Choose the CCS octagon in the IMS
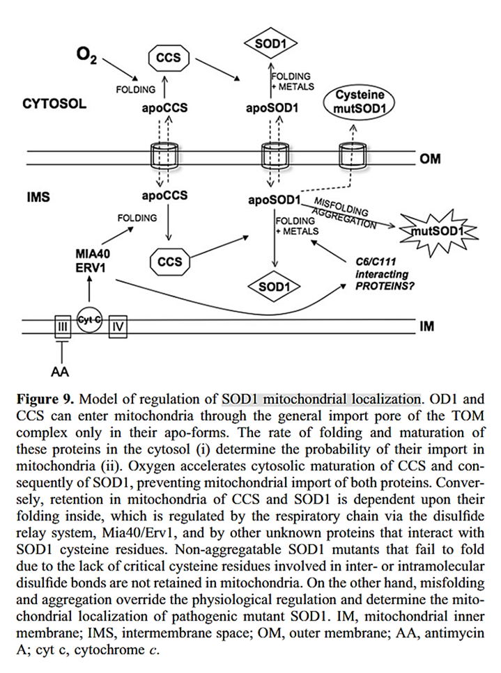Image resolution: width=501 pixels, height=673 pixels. click(x=169, y=262)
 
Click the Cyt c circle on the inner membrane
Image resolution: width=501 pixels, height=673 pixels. click(x=88, y=317)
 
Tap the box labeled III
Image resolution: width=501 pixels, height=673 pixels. click(x=62, y=326)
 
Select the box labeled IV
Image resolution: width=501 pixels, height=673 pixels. click(x=117, y=325)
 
